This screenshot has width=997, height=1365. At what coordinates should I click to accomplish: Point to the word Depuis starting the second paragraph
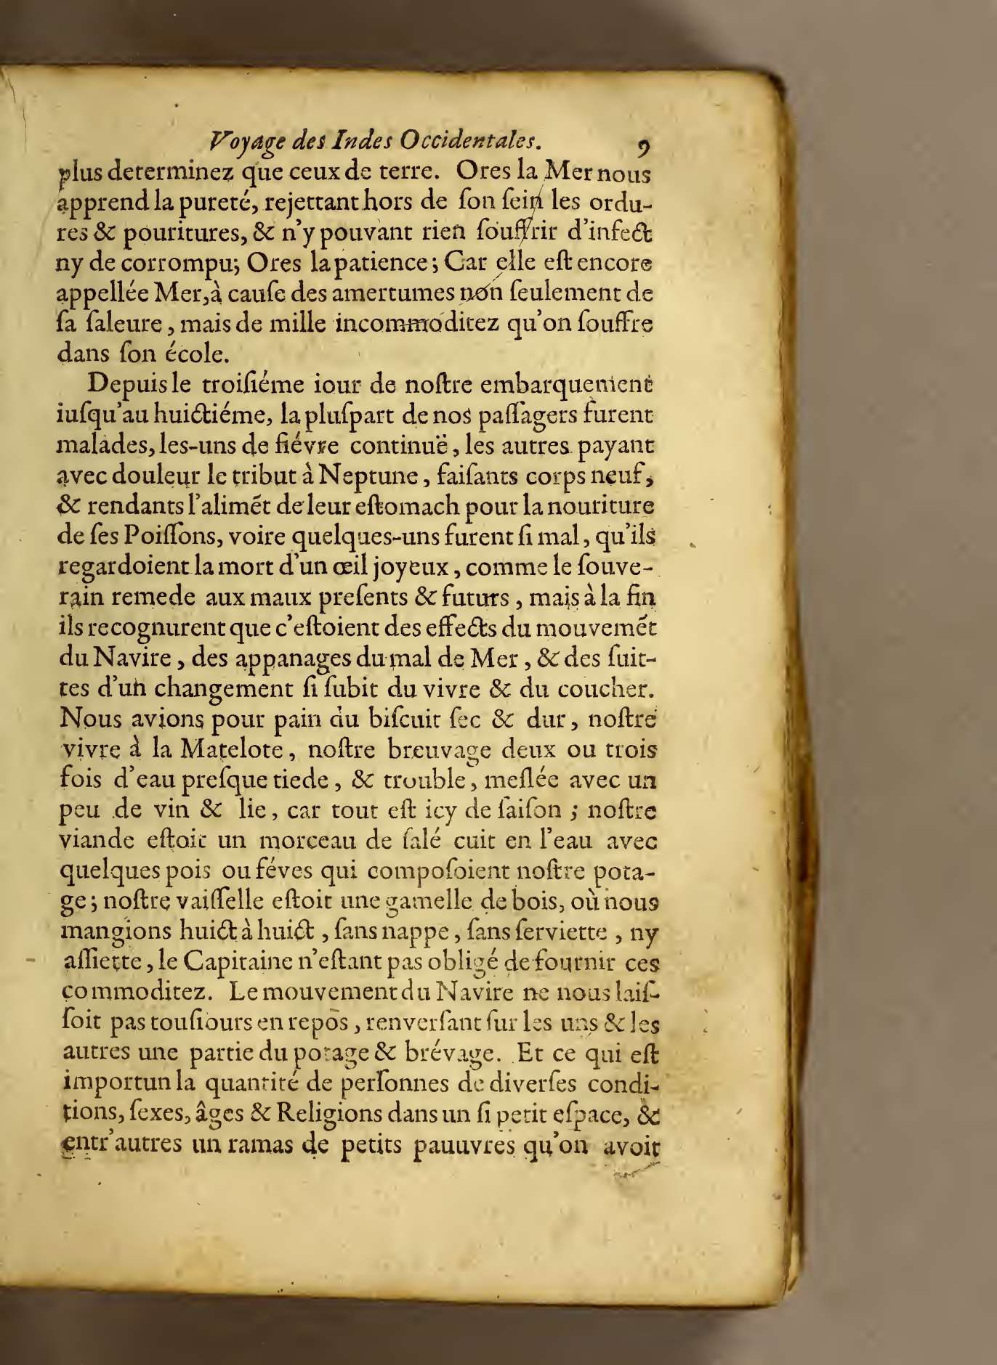[x=124, y=383]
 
